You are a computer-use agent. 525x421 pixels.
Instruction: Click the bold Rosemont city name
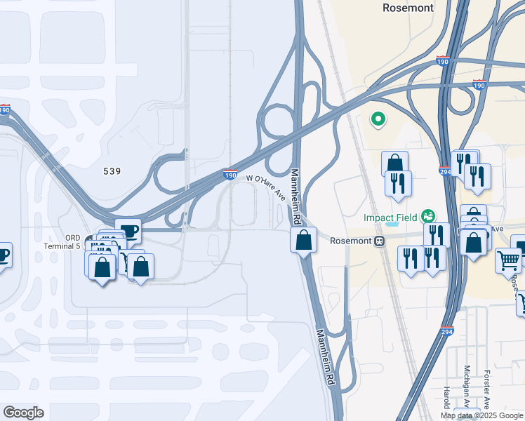(x=408, y=8)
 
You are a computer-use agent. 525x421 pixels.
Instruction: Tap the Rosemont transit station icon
(x=379, y=241)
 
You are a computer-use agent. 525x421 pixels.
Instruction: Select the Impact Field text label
(x=390, y=218)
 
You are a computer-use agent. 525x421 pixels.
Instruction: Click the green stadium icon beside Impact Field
(x=427, y=217)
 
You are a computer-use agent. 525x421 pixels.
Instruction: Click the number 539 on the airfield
(x=112, y=171)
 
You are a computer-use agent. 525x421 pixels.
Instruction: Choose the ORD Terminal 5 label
(x=73, y=242)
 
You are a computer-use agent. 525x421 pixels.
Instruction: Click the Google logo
(x=23, y=413)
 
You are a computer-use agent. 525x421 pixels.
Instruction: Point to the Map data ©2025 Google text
(x=481, y=415)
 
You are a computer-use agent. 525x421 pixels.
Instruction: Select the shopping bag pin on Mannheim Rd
(x=303, y=241)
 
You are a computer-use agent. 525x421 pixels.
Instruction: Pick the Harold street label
(x=446, y=397)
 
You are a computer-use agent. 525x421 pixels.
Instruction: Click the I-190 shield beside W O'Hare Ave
(x=230, y=175)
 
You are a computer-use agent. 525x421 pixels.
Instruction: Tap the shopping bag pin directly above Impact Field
(x=394, y=163)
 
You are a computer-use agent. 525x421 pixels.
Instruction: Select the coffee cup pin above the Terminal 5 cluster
(x=128, y=230)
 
